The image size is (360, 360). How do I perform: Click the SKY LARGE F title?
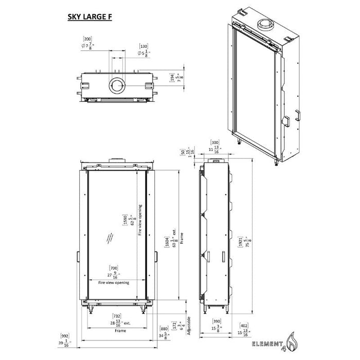(89, 16)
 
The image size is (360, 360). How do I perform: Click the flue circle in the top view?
(116, 85)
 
